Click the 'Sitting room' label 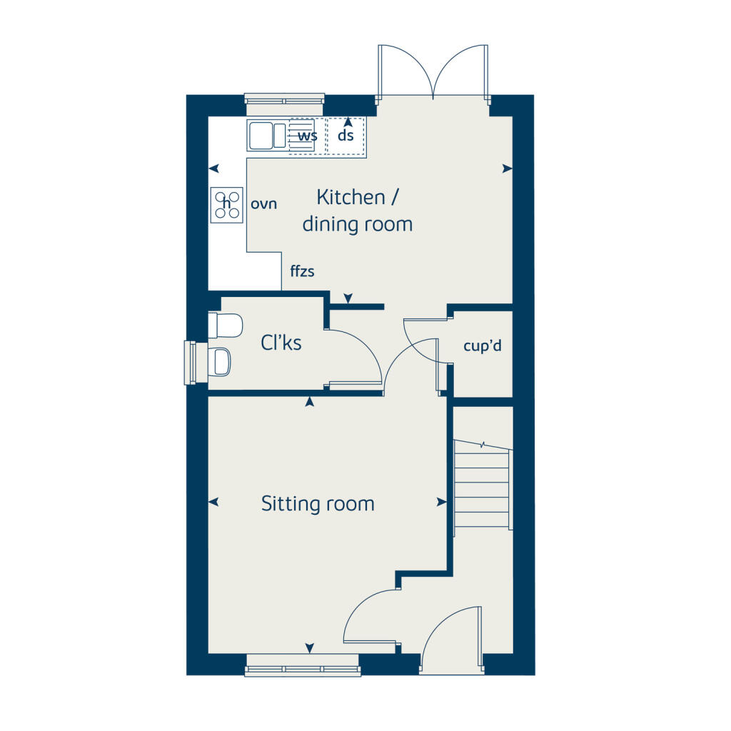(318, 504)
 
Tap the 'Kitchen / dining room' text (357, 211)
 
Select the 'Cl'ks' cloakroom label (281, 343)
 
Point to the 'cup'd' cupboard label (483, 347)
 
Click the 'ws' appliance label (307, 136)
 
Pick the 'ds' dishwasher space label (346, 136)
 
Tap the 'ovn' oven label (263, 204)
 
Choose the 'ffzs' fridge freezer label (302, 271)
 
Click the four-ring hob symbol (227, 204)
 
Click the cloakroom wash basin (221, 361)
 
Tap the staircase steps (483, 485)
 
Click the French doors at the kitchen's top (433, 71)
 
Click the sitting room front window (302, 670)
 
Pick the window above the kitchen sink (284, 99)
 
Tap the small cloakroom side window (191, 362)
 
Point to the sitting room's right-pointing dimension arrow (441, 503)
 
